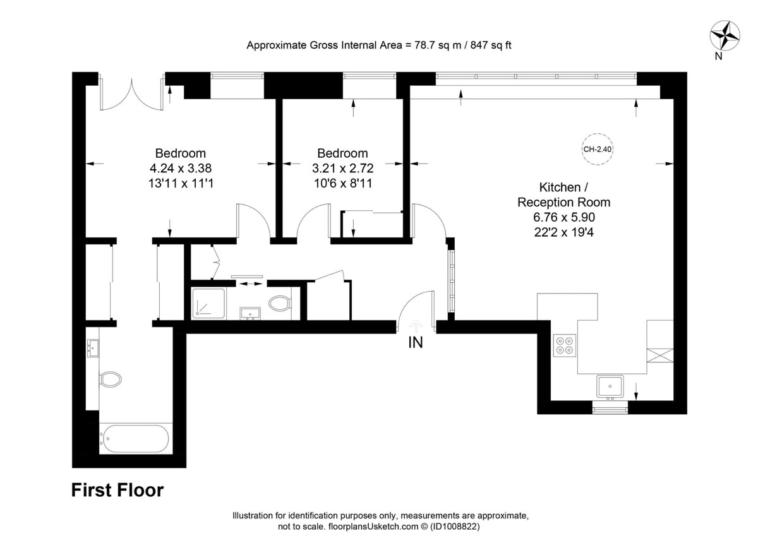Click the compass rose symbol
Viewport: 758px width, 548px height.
(x=725, y=35)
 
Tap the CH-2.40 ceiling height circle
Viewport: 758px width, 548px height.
(x=598, y=149)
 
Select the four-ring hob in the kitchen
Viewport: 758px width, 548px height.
(x=565, y=345)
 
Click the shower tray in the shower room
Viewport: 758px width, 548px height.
(x=208, y=304)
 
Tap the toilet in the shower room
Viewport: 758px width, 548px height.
(x=280, y=304)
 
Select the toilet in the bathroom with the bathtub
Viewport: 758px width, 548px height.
(x=111, y=379)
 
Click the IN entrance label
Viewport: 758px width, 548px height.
(x=416, y=343)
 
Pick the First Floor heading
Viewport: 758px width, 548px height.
(x=117, y=490)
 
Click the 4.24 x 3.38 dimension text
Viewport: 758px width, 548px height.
(x=181, y=168)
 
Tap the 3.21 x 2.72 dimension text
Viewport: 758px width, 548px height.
(x=343, y=168)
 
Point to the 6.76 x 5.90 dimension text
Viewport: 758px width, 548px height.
(x=564, y=217)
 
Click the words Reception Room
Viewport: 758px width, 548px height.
(x=564, y=202)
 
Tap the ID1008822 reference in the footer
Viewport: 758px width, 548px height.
(x=455, y=527)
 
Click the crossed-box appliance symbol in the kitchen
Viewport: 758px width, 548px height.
(x=660, y=355)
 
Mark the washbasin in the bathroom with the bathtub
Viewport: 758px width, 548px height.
(x=93, y=348)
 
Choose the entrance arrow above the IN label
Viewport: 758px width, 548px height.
(x=416, y=326)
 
